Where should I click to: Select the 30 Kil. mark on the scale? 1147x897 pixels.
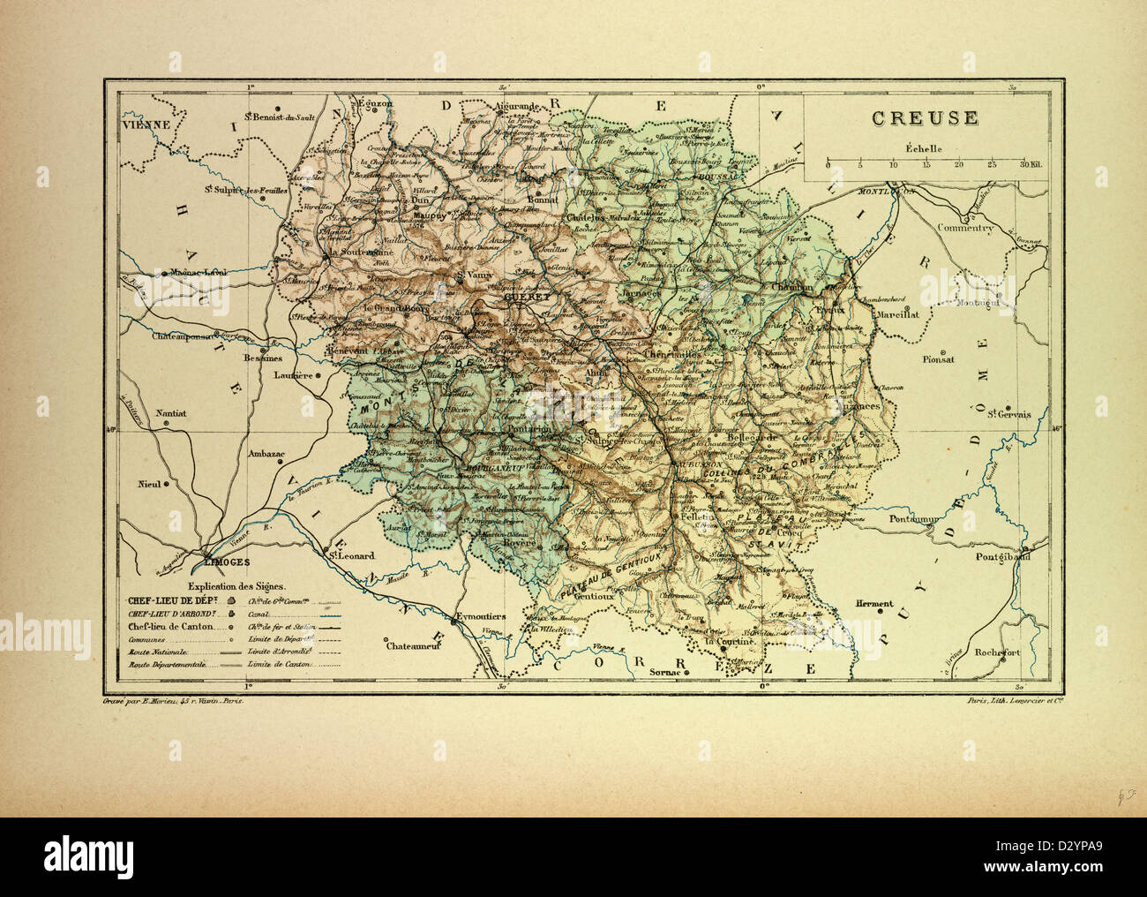coord(1031,165)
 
